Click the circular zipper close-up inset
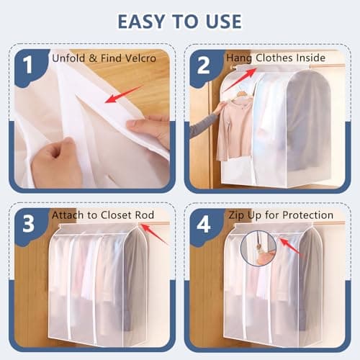[259, 248]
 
